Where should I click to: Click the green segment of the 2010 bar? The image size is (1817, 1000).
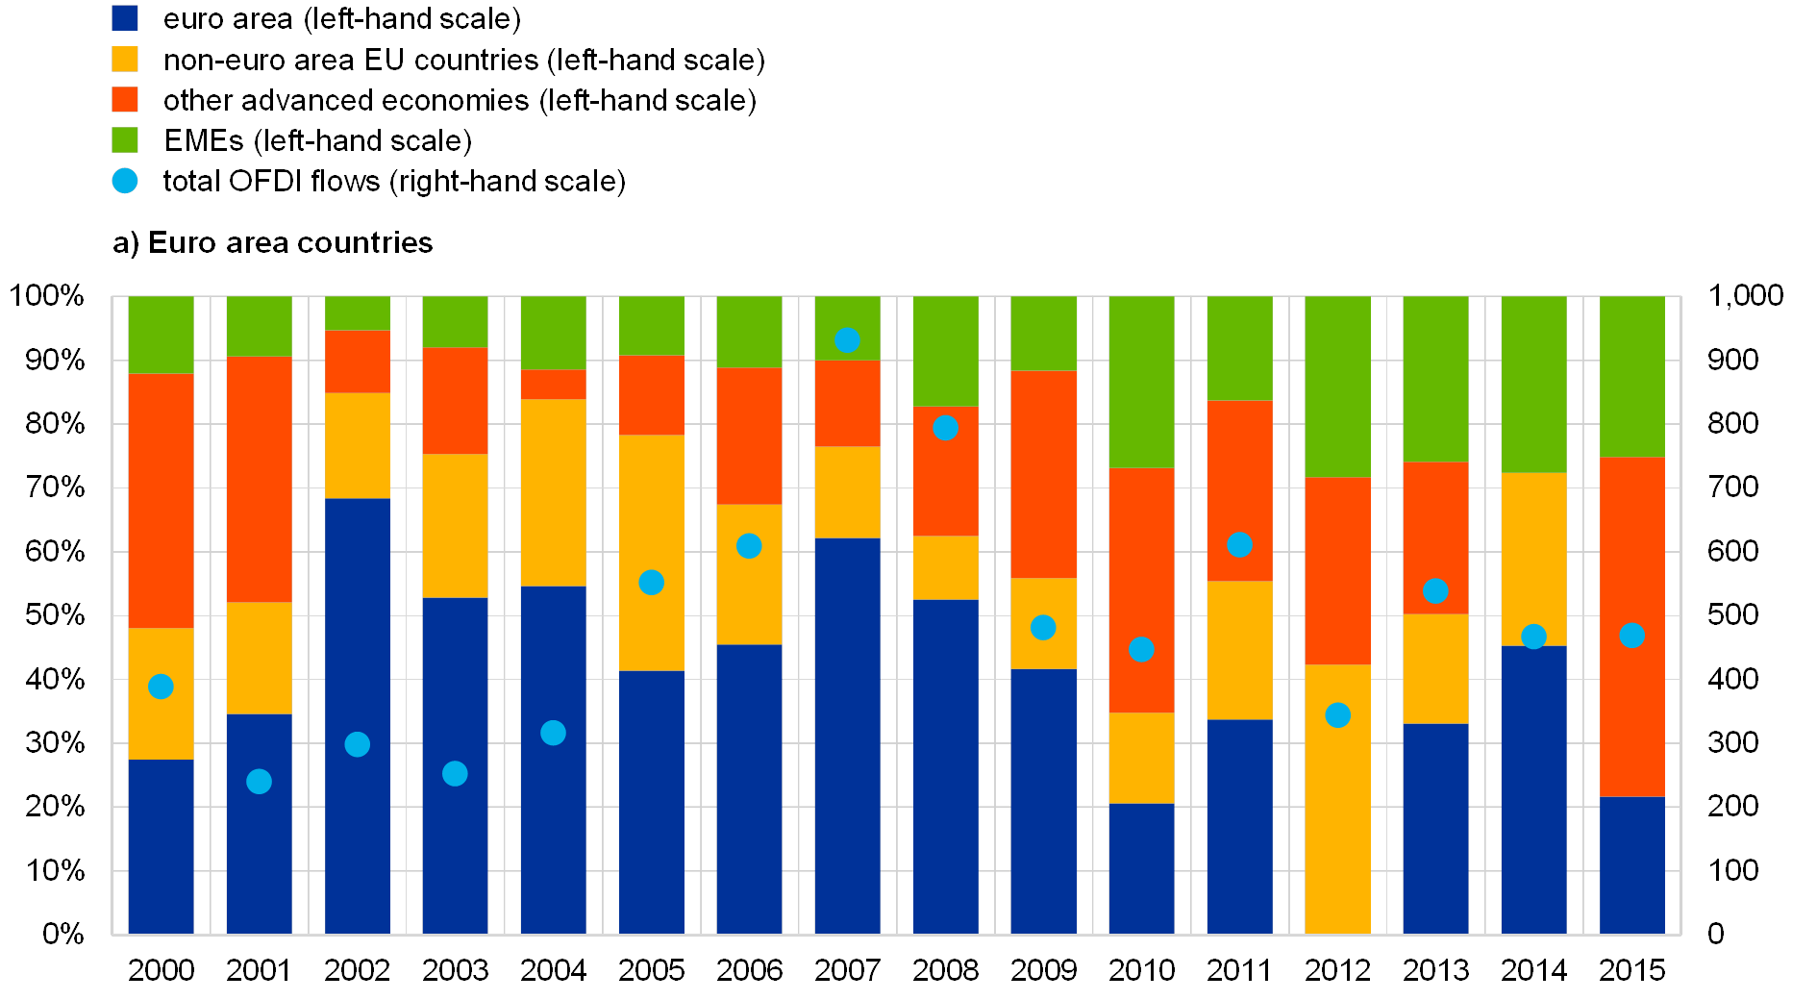1141,382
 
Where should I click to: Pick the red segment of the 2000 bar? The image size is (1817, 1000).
161,500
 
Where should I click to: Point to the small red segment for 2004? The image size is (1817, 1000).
553,385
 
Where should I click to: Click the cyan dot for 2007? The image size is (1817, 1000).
847,340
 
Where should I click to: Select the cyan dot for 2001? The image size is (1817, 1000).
259,782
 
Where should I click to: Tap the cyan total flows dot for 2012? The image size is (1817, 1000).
1337,715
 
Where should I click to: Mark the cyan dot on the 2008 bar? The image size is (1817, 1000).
945,428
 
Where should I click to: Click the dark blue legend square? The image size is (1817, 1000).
125,18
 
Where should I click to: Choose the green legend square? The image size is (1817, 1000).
125,140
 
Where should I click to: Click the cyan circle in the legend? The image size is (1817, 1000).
125,181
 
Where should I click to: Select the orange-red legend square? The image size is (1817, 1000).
125,100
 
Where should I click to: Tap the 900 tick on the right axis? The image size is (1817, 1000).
1732,360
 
